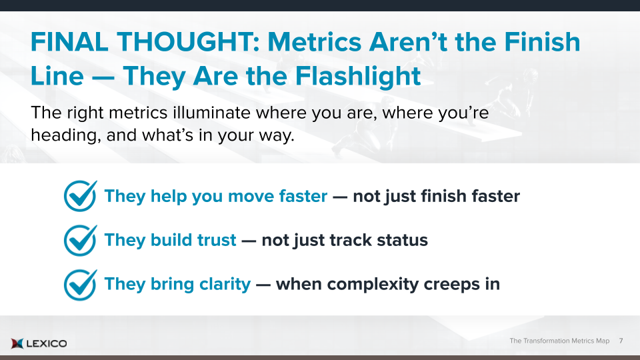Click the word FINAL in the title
[69, 42]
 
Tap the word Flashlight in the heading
[357, 76]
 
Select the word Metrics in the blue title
[314, 42]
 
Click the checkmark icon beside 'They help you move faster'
[81, 196]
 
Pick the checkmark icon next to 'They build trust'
[81, 240]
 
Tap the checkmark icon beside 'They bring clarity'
[81, 285]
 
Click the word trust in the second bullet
[217, 240]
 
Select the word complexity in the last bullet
[373, 285]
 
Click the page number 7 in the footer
[621, 341]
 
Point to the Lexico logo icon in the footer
[17, 343]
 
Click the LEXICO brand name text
[47, 344]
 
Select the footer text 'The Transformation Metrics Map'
[559, 341]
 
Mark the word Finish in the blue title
[542, 42]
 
